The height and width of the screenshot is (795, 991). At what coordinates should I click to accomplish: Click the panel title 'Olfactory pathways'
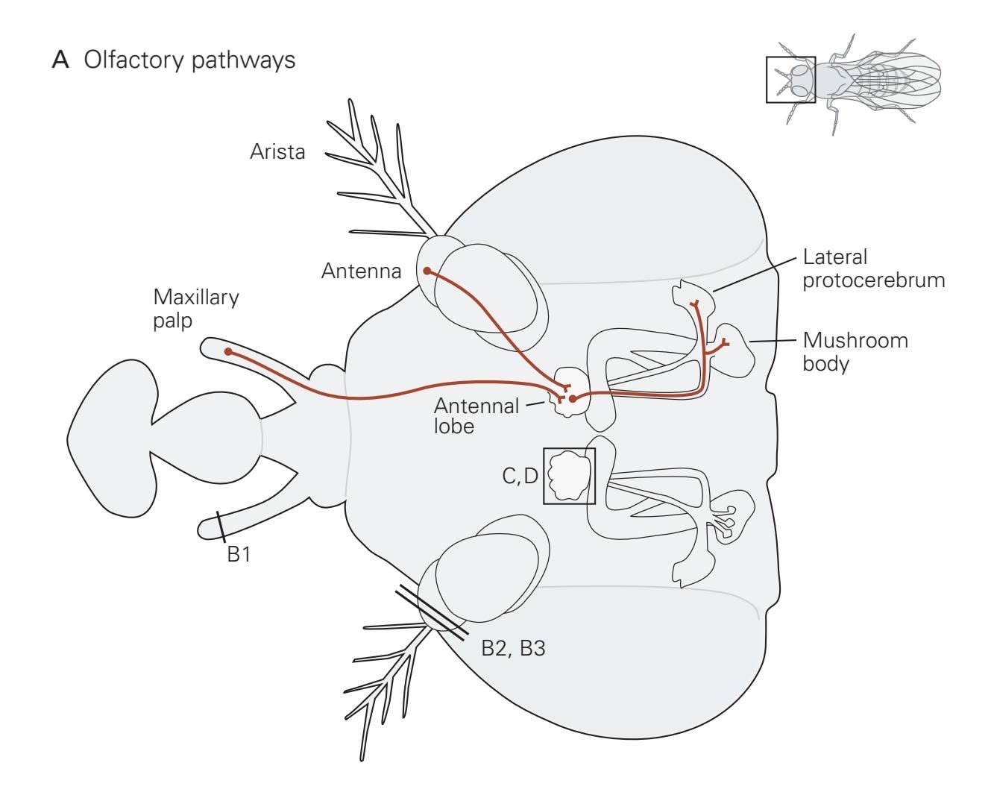coord(189,60)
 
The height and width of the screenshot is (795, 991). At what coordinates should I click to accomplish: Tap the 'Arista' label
coord(277,152)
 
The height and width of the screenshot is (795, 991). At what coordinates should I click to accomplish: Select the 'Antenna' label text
coord(361,271)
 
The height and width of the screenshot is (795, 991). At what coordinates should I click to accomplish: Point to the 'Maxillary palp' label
coord(196,309)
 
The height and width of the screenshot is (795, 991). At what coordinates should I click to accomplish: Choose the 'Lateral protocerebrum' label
coord(873,269)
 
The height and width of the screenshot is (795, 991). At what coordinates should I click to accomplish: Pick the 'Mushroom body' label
coord(855,352)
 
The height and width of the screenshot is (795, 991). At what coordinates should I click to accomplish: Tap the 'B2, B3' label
coord(513,648)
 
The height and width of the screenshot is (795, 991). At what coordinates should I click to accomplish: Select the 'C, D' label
coord(520,476)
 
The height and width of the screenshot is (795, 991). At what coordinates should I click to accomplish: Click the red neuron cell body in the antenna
coord(427,271)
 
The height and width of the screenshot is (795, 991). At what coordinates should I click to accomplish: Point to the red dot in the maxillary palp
coord(227,351)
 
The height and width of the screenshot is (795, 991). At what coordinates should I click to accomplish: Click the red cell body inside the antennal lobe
coord(573,399)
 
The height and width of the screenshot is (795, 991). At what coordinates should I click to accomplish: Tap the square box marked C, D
coord(570,476)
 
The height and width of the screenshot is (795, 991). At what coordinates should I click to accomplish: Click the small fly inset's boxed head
coord(791,79)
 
